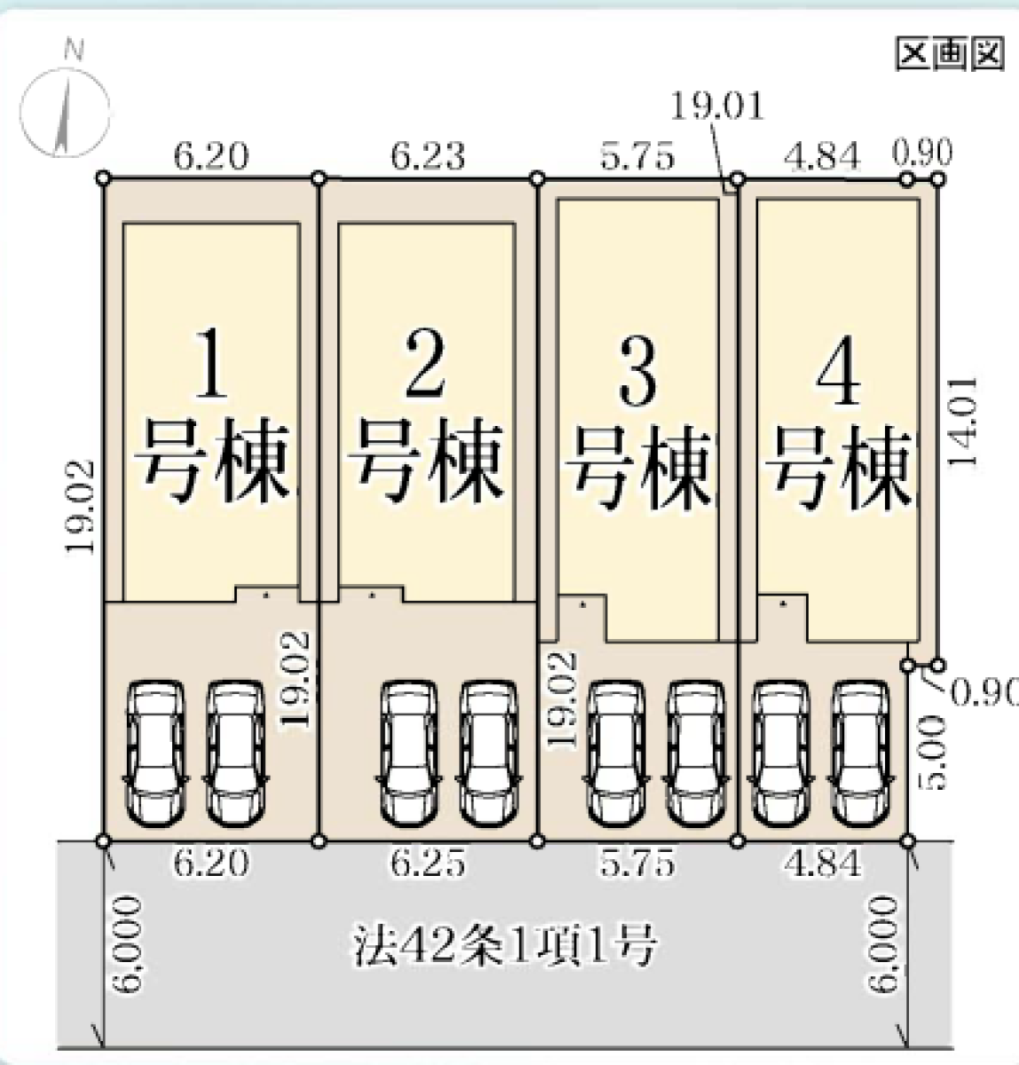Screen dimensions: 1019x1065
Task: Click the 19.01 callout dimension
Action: tap(716, 106)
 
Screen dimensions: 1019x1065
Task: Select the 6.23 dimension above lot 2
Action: tap(428, 155)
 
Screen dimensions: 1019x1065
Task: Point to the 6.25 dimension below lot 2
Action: tap(428, 863)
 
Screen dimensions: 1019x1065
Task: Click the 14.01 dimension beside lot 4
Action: tap(962, 422)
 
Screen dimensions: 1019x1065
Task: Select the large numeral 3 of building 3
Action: tap(637, 370)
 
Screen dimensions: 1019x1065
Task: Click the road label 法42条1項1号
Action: tap(504, 946)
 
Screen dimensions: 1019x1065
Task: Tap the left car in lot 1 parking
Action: tap(156, 753)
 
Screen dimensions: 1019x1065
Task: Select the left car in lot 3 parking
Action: tap(616, 753)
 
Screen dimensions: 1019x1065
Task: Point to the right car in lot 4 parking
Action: tap(860, 753)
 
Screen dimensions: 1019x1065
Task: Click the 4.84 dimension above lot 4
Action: tap(821, 155)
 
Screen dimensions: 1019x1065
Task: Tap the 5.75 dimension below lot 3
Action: tap(637, 863)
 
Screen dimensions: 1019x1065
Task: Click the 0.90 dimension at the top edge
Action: tap(922, 152)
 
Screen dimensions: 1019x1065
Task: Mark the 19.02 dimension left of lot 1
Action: tap(80, 506)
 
